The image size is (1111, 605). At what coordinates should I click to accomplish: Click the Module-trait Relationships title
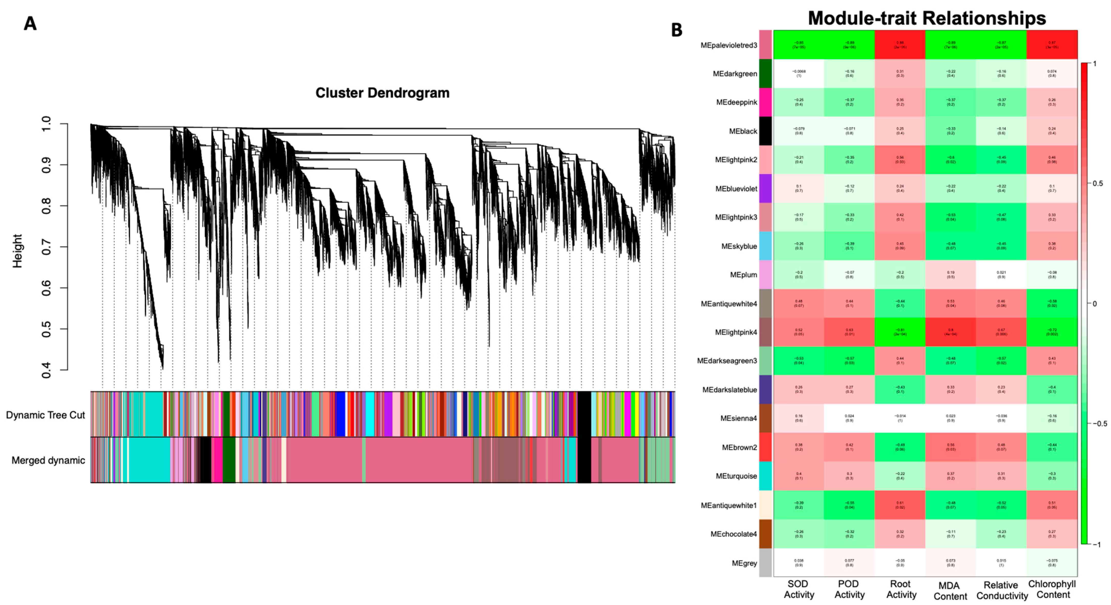[x=926, y=18]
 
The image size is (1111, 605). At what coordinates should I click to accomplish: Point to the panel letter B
[x=676, y=30]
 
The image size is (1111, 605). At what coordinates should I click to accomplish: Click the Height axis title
[x=17, y=251]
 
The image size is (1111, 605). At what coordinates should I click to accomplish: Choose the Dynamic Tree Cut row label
[x=45, y=415]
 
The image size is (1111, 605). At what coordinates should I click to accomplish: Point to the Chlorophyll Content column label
[x=1052, y=589]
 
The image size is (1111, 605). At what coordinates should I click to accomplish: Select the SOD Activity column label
[x=798, y=589]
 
